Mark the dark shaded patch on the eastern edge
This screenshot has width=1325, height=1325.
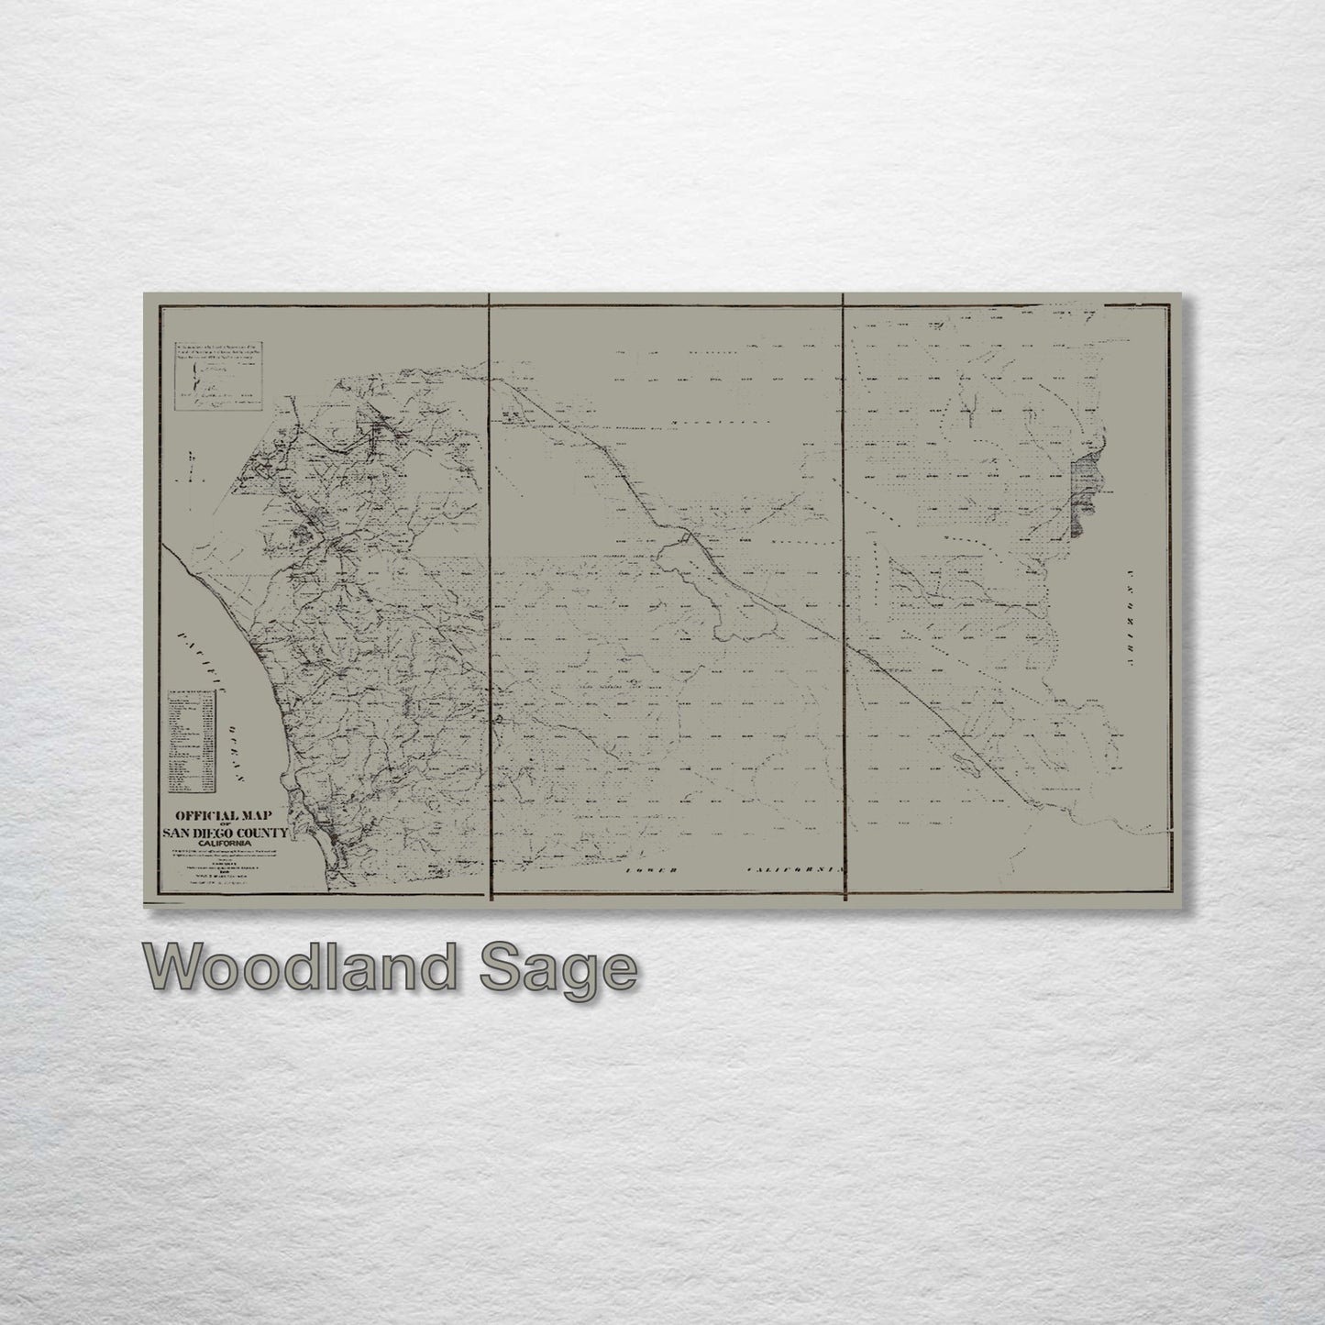point(1080,493)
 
